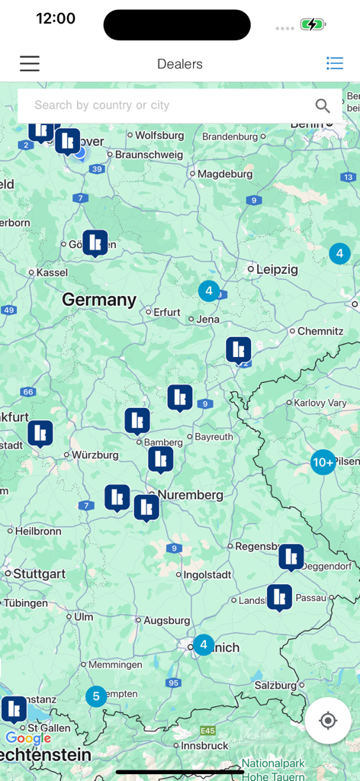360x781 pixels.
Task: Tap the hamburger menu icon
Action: [30, 63]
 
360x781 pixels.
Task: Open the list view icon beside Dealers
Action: [334, 63]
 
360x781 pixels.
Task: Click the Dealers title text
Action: [180, 64]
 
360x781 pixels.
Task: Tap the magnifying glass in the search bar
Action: [323, 106]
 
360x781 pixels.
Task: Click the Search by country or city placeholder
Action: [101, 105]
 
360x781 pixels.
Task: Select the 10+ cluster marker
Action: [323, 461]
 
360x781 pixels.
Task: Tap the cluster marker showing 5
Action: [96, 696]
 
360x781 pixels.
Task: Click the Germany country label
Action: [99, 300]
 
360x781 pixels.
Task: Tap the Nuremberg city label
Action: [190, 495]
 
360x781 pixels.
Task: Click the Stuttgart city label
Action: [39, 574]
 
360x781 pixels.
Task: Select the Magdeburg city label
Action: [225, 174]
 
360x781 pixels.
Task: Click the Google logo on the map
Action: [28, 738]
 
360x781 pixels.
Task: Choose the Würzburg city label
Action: [95, 455]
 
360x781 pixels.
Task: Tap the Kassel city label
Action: [52, 272]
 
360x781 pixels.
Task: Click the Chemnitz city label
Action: [320, 332]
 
